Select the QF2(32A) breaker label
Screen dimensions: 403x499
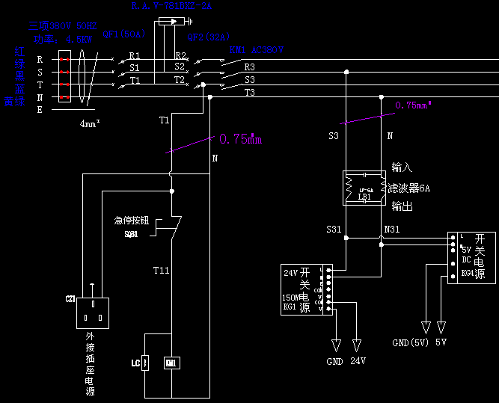click(x=209, y=36)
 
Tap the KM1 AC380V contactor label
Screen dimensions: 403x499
click(x=256, y=50)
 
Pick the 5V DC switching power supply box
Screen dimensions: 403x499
click(x=462, y=256)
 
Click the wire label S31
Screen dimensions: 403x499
click(x=334, y=229)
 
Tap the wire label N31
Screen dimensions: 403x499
click(x=391, y=229)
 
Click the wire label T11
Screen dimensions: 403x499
click(x=162, y=269)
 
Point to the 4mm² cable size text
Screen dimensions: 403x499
click(x=90, y=124)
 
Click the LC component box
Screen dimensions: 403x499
click(x=146, y=363)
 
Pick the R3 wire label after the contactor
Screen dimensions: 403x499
click(x=250, y=67)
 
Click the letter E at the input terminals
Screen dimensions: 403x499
click(x=40, y=109)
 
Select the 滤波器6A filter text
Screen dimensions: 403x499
click(x=408, y=188)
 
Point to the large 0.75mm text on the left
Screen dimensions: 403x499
click(x=241, y=139)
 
